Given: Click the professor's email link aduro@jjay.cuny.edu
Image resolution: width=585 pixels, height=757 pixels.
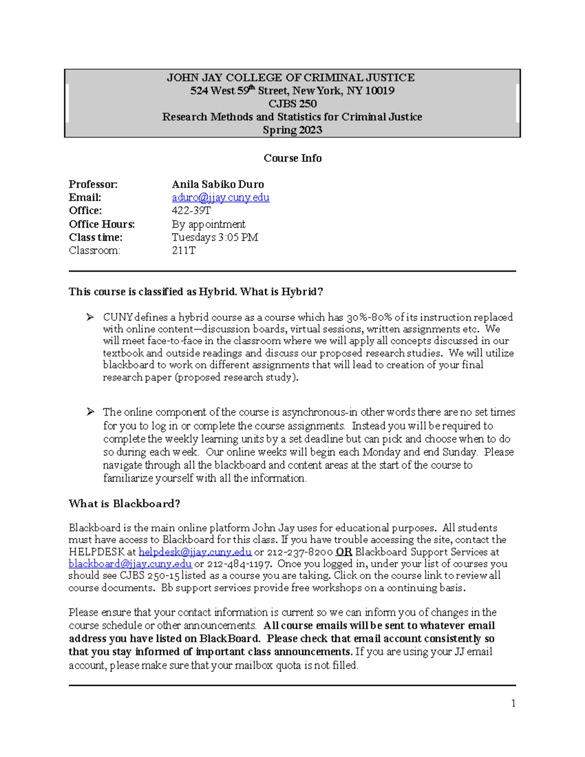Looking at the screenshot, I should pos(220,197).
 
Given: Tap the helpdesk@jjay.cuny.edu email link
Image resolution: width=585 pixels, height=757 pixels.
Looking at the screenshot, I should pos(195,552).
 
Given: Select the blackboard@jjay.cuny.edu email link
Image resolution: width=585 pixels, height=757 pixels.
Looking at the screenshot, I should pos(130,564).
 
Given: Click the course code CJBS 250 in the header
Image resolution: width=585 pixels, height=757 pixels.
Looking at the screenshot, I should pos(292,104).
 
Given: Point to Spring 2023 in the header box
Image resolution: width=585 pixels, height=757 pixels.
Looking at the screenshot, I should pos(292,130).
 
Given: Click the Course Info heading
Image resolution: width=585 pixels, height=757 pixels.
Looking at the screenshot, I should pos(292,158).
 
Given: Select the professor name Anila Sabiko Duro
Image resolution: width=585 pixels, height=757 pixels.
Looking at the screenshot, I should pos(217,184).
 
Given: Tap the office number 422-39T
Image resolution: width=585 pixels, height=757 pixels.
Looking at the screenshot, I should pos(191,211).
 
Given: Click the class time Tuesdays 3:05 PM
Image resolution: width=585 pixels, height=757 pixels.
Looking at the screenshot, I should pos(214,237).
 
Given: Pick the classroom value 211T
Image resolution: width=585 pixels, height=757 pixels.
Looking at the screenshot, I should pos(183,251).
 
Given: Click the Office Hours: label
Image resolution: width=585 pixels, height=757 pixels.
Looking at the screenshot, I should pos(102,224).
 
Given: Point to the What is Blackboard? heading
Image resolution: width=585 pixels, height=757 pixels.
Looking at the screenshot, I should pos(124,504).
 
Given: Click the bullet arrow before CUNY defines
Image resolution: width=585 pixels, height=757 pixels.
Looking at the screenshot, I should pos(90,317).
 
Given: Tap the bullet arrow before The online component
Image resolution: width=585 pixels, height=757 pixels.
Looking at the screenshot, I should pos(90,412).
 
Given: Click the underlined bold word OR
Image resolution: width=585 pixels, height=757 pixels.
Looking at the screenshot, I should pos(344,552).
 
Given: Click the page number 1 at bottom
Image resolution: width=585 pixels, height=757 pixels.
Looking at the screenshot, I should pos(513,703).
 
